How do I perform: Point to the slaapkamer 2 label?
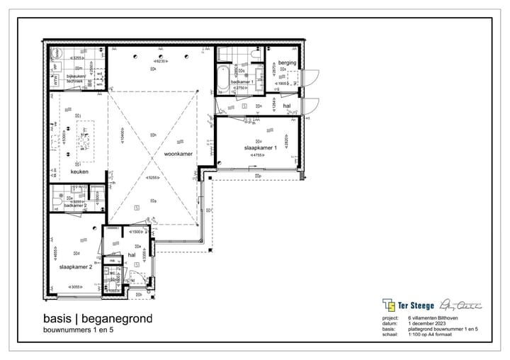[x=76, y=267]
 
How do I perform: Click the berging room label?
[x=287, y=62]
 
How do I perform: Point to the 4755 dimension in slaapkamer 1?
[x=254, y=155]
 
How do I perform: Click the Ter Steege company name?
[x=416, y=305]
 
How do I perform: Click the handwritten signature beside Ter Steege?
[x=460, y=305]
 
